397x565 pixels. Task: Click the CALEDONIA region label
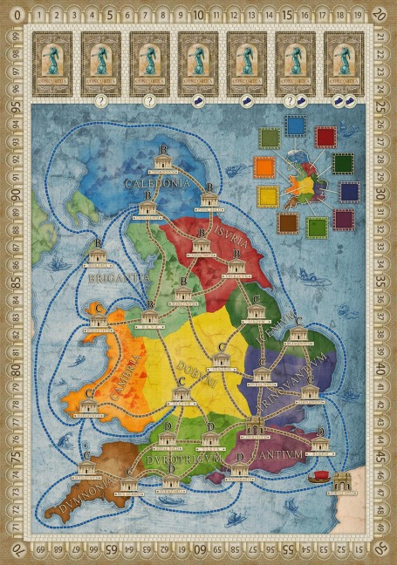tap(157, 184)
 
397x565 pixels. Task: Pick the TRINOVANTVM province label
tap(292, 371)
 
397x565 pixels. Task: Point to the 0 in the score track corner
tap(15, 15)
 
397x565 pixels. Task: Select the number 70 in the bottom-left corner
tap(15, 549)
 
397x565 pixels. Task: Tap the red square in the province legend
tap(325, 137)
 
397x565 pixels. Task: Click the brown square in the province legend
tap(285, 223)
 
